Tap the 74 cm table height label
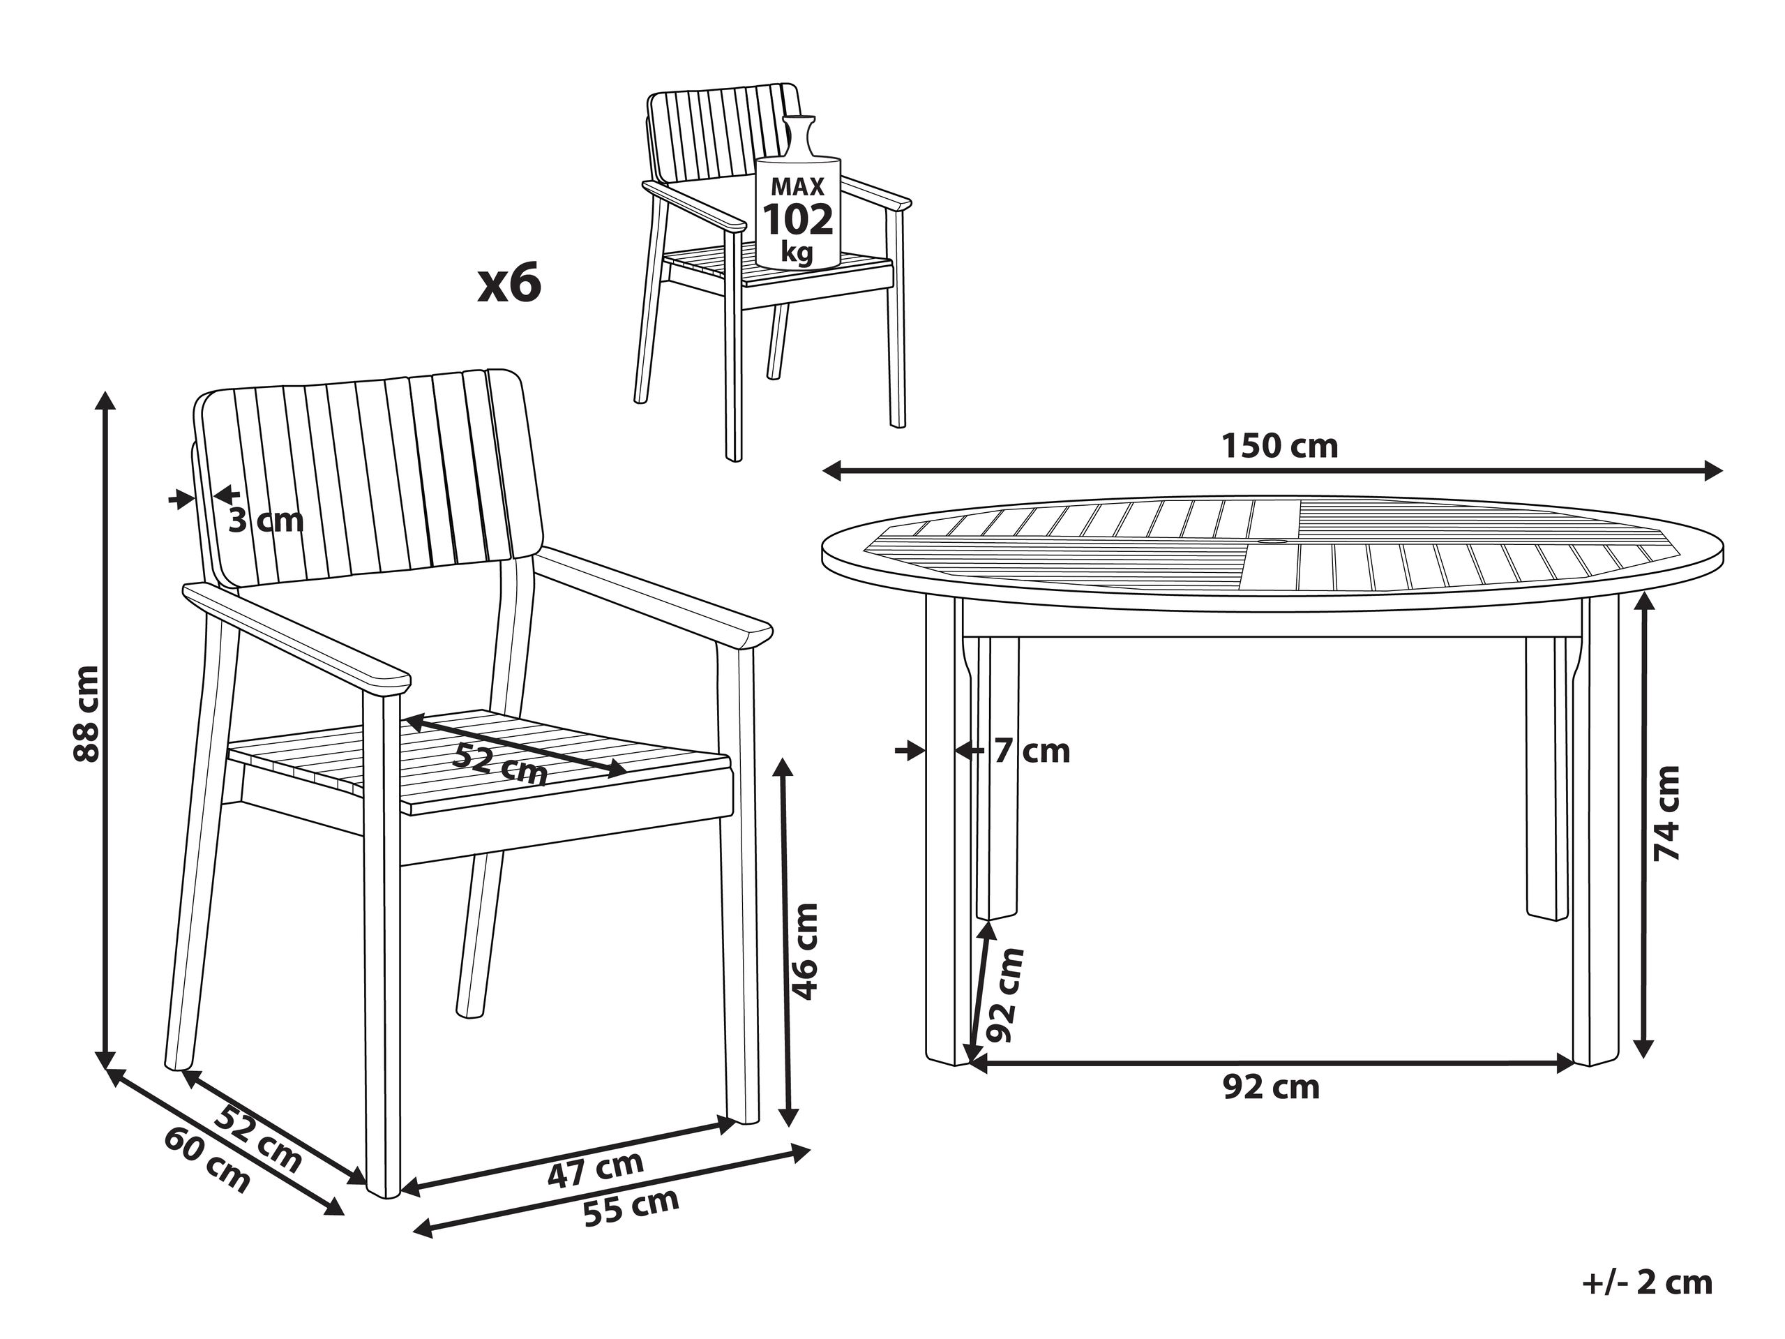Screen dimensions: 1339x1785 click(1666, 813)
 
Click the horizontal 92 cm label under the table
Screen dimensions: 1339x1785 click(1271, 1087)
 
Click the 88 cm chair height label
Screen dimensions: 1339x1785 click(86, 714)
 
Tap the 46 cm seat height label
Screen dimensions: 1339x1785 click(804, 952)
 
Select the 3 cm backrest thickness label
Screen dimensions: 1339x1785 click(266, 521)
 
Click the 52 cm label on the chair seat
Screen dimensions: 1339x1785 click(500, 763)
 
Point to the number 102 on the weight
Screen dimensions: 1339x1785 click(797, 220)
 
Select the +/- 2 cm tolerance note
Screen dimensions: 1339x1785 click(1647, 1282)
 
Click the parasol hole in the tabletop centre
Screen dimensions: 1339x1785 click(1276, 541)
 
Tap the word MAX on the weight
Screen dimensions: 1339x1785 click(797, 187)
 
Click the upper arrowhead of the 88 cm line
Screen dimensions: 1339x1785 click(104, 401)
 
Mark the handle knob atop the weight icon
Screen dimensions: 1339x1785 click(799, 122)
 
